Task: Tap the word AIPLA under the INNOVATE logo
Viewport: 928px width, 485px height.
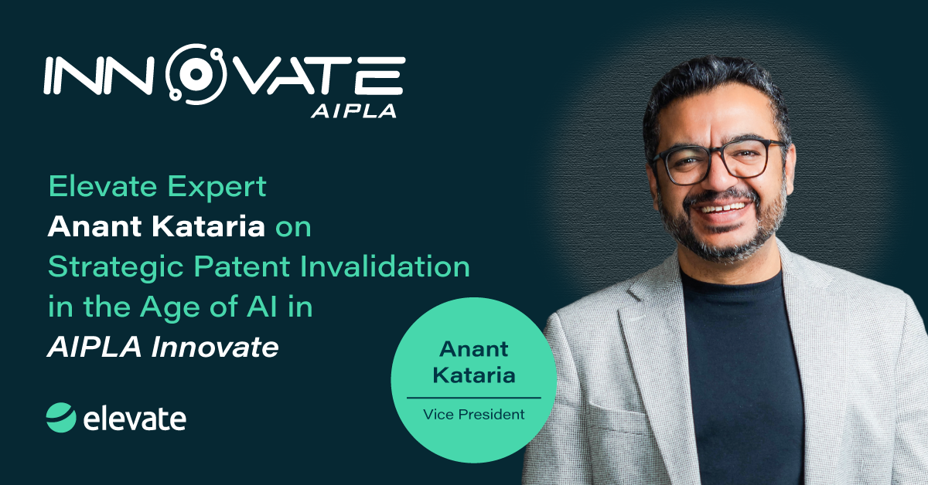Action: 354,111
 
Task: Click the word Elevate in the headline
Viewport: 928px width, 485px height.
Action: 103,186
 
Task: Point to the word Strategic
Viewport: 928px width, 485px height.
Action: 115,268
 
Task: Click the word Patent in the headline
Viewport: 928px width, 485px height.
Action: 241,267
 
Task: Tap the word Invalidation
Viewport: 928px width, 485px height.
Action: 385,266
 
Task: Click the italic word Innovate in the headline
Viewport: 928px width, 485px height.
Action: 215,347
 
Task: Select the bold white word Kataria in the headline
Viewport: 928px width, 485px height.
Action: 208,226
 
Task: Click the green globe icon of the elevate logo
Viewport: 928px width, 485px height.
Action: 61,418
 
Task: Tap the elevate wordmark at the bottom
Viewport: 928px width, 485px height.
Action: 135,419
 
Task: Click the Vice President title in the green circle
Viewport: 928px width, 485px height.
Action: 473,414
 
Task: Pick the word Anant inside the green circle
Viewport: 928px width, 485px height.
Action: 473,349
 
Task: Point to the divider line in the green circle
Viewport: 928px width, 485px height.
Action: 473,398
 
